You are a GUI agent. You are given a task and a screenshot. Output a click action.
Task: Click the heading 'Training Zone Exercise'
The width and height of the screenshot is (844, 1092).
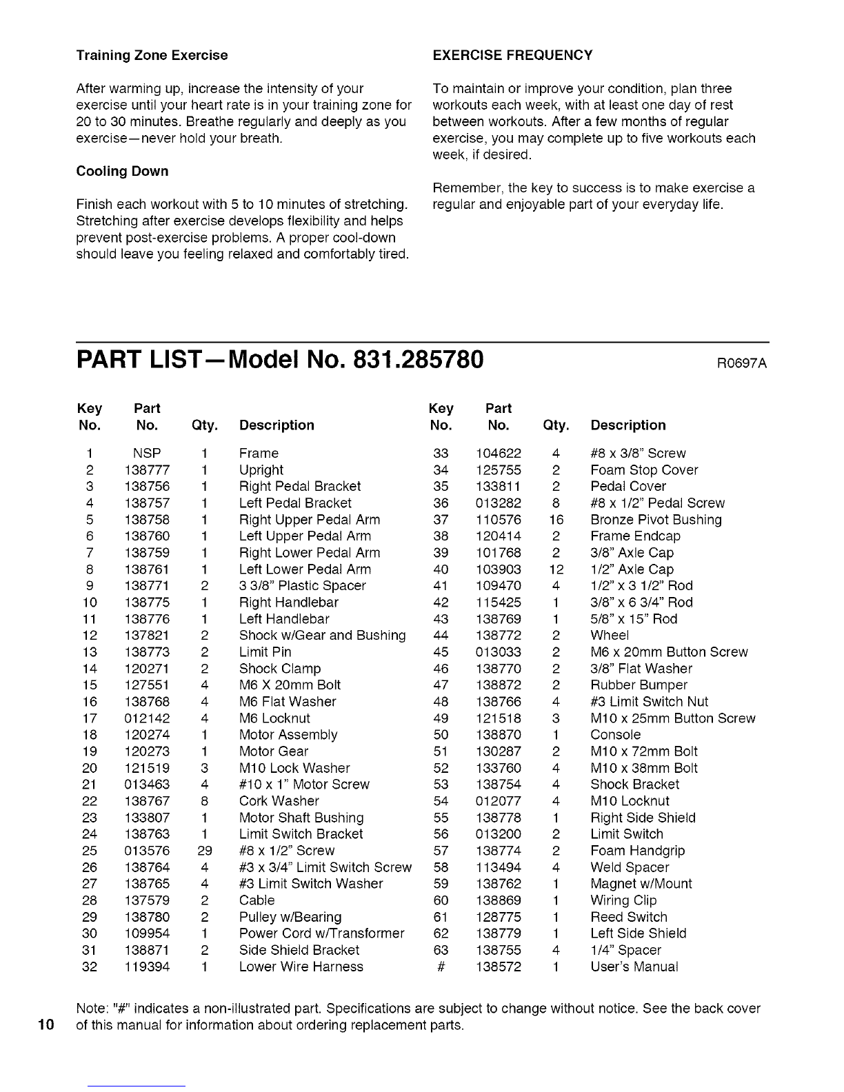[x=152, y=55]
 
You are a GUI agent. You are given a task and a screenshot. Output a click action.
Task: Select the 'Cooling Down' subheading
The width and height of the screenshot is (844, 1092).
[x=122, y=171]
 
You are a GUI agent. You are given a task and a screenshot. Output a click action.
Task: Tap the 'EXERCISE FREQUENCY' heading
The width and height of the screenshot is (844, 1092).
[x=512, y=55]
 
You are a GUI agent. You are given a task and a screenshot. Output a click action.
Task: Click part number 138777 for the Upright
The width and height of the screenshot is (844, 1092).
[x=148, y=470]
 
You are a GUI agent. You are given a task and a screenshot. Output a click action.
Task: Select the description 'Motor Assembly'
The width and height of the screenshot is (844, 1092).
[x=288, y=735]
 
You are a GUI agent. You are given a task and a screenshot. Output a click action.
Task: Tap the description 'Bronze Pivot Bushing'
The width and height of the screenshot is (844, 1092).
[x=656, y=520]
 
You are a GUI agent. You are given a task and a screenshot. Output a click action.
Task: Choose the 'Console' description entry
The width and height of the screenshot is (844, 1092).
[x=616, y=735]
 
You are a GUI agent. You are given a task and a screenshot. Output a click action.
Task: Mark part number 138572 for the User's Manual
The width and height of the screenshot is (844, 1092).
[x=499, y=967]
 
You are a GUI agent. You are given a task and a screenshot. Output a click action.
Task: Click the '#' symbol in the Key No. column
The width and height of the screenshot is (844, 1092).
[x=440, y=967]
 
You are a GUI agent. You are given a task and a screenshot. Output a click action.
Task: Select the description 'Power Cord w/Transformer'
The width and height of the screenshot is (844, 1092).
[x=321, y=933]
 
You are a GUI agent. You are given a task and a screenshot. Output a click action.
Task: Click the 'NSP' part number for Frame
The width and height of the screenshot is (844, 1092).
[x=148, y=454]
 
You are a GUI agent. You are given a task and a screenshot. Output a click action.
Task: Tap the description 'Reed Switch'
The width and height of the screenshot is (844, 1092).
[x=629, y=917]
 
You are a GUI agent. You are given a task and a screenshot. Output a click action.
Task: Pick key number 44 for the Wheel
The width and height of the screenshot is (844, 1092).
[x=441, y=636]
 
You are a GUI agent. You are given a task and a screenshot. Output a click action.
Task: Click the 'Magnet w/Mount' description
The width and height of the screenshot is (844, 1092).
[x=641, y=884]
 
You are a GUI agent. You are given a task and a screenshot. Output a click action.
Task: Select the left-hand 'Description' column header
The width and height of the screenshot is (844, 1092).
[x=277, y=425]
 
